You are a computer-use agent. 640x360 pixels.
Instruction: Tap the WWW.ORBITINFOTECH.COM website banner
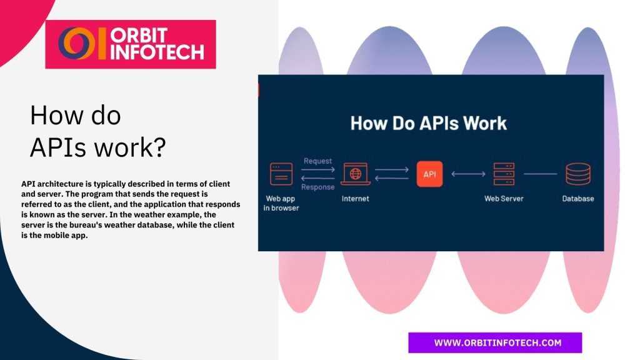click(x=495, y=342)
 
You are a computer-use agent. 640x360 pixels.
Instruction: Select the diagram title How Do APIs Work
click(x=428, y=122)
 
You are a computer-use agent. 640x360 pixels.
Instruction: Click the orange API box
click(x=429, y=174)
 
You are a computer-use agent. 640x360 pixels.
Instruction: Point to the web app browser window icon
click(x=281, y=174)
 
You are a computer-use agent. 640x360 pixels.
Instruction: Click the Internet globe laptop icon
click(x=355, y=174)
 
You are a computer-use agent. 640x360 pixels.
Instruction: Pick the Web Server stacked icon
click(x=503, y=174)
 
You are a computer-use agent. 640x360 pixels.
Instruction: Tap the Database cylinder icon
click(x=577, y=174)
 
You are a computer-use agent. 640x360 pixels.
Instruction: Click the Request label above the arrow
click(x=317, y=161)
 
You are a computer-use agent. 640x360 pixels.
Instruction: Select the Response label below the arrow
click(x=317, y=187)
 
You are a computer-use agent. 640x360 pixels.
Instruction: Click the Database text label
click(x=577, y=199)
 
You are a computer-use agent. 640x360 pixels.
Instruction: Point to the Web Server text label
click(x=504, y=199)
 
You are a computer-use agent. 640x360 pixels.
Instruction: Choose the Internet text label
click(x=355, y=199)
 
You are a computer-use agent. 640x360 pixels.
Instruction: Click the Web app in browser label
click(x=281, y=203)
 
